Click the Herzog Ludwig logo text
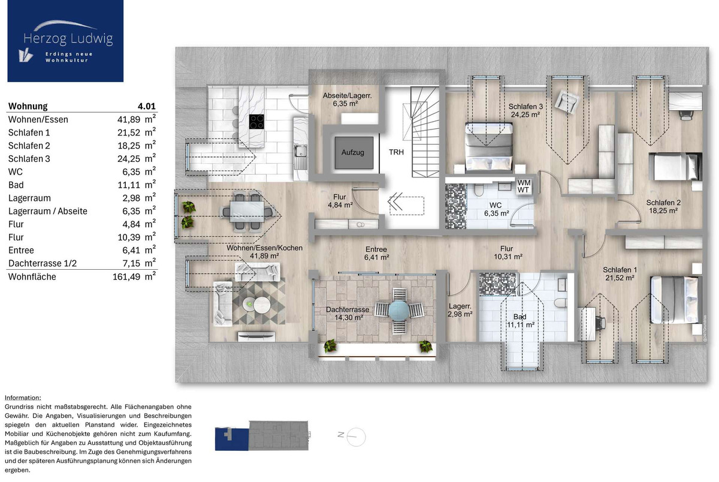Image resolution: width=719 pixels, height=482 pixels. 68,38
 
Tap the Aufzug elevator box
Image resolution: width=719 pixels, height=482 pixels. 354,153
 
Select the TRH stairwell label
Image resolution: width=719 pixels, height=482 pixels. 396,152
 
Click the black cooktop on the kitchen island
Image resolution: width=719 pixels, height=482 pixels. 257,122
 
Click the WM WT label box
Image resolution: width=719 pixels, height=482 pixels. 524,186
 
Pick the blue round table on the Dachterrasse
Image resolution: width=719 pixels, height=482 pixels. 398,310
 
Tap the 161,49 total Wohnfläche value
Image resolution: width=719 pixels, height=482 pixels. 126,277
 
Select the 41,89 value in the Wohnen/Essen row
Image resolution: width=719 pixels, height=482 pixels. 129,119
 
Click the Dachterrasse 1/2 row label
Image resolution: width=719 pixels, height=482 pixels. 43,264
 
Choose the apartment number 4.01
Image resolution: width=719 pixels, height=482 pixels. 146,106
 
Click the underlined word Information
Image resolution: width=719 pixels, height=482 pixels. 23,397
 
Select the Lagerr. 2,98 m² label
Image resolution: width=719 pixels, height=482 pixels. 460,310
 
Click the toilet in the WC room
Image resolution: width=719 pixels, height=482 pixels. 479,190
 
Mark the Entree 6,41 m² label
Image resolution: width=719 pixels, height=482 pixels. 376,254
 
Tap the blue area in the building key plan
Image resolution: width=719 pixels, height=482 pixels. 232,439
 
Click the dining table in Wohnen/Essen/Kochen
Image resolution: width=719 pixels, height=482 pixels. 247,212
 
